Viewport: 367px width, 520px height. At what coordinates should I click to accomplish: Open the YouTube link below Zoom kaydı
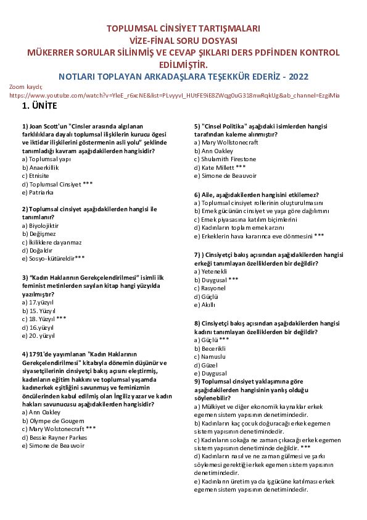175,96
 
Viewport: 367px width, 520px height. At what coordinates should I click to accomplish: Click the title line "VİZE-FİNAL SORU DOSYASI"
183,40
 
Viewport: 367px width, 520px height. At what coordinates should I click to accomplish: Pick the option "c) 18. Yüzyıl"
43,319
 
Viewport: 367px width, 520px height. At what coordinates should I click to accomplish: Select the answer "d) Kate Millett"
220,167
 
